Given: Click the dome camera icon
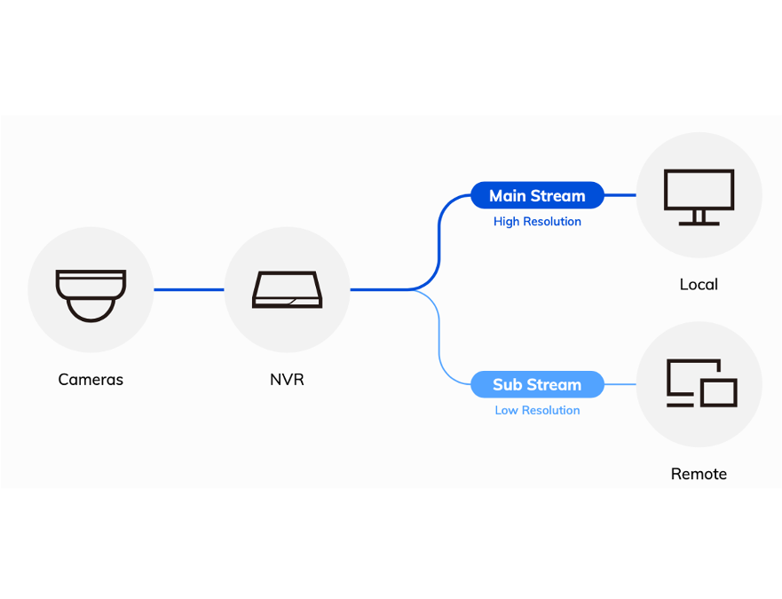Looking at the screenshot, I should [x=91, y=295].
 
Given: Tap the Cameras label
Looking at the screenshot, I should [x=91, y=380].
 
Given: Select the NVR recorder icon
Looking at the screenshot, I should [x=287, y=290].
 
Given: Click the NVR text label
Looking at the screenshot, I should [x=287, y=380].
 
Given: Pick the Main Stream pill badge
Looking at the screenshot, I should [x=537, y=196].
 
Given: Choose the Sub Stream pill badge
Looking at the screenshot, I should [x=537, y=385].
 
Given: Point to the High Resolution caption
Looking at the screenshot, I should [x=537, y=222].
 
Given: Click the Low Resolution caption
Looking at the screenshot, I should [x=537, y=411].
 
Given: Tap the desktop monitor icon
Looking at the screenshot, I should [x=699, y=195].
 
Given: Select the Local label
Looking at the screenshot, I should [x=699, y=285].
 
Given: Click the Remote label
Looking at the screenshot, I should [x=699, y=474].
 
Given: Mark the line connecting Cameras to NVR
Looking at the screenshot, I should [x=188, y=289].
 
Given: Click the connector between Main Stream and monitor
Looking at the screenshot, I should [x=620, y=195].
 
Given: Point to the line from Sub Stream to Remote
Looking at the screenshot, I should [x=620, y=384].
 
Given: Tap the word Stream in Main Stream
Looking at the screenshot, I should [x=561, y=196].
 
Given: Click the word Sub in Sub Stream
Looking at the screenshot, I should [x=507, y=385].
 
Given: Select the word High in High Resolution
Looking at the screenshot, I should [x=507, y=222].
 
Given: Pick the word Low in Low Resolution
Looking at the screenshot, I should [x=506, y=411].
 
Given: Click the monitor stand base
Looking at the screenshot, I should [x=699, y=224].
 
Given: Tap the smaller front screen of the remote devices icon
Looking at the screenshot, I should [x=719, y=392].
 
